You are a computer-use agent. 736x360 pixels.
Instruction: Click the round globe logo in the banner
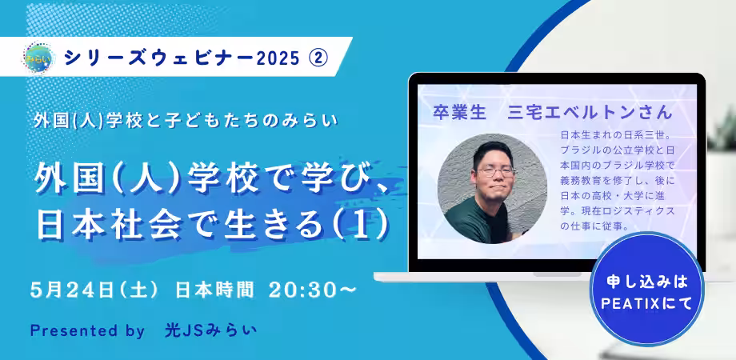(39, 58)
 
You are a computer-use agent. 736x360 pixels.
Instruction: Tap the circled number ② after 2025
(318, 58)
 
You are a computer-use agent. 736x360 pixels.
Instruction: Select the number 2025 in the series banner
(278, 58)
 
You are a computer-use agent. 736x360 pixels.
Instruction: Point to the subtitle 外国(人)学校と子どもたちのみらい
(185, 121)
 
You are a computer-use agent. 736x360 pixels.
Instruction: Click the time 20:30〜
(314, 290)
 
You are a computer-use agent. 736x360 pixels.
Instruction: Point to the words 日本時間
(214, 290)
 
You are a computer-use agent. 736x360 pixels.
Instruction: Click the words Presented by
(87, 331)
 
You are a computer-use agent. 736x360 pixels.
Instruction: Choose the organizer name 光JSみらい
(210, 330)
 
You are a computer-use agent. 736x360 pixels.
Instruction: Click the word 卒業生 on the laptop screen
(459, 113)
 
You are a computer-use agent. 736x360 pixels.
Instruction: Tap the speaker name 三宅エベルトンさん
(590, 113)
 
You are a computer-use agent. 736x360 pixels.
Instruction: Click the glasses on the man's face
(495, 172)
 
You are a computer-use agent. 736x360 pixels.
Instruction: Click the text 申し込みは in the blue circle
(647, 282)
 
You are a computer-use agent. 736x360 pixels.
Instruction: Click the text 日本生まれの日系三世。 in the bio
(617, 135)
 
